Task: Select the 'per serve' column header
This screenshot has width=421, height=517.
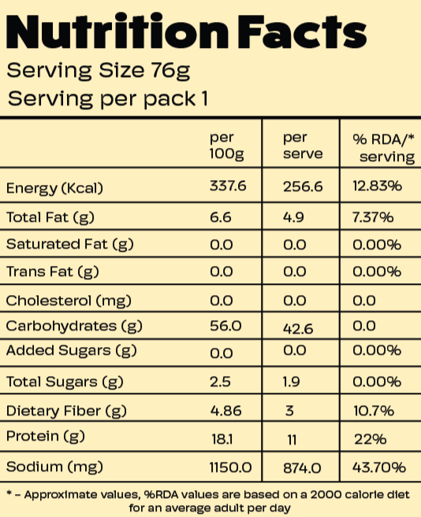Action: (x=303, y=146)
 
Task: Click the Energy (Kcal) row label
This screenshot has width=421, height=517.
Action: (x=55, y=188)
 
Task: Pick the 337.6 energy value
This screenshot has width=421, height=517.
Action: (x=228, y=188)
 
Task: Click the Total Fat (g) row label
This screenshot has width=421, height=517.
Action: (x=51, y=216)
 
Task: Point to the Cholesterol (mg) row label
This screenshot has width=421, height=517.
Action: (x=69, y=300)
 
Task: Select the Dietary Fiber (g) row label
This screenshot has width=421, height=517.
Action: (x=65, y=410)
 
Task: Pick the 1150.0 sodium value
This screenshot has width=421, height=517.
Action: (x=230, y=467)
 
